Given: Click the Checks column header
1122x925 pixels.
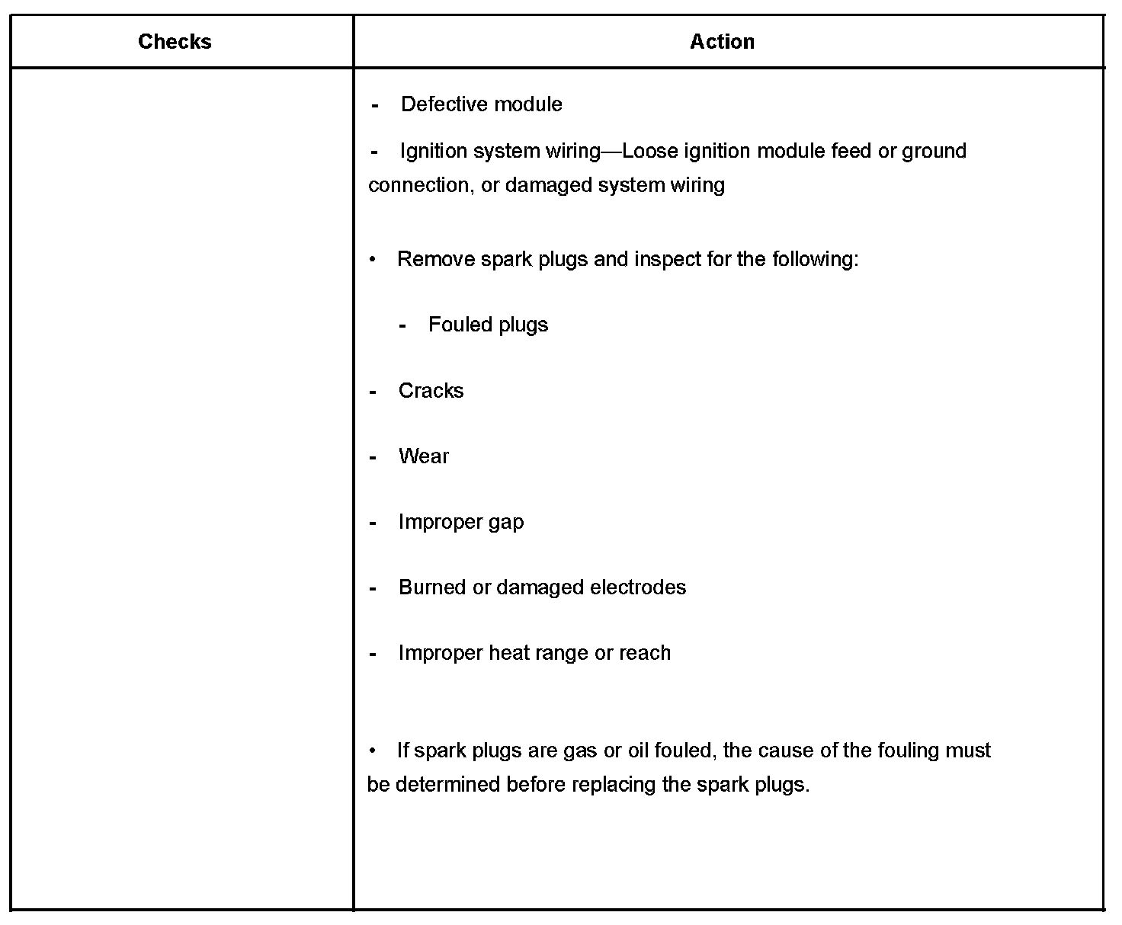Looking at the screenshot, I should tap(175, 41).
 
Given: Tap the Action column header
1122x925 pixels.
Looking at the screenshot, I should tap(722, 41).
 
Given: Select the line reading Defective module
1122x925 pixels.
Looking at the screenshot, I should tap(481, 104).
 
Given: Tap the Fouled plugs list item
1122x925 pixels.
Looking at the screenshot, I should tap(488, 325).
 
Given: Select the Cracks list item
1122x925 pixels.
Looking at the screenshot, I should tap(431, 391).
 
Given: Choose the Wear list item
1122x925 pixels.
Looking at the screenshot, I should tap(423, 456).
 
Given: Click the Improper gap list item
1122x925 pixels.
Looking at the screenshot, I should tap(460, 522).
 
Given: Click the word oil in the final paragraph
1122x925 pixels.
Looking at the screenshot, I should tap(637, 751).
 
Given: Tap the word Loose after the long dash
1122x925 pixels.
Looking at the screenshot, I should tap(650, 151).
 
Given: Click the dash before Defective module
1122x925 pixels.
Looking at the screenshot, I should tap(375, 105).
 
